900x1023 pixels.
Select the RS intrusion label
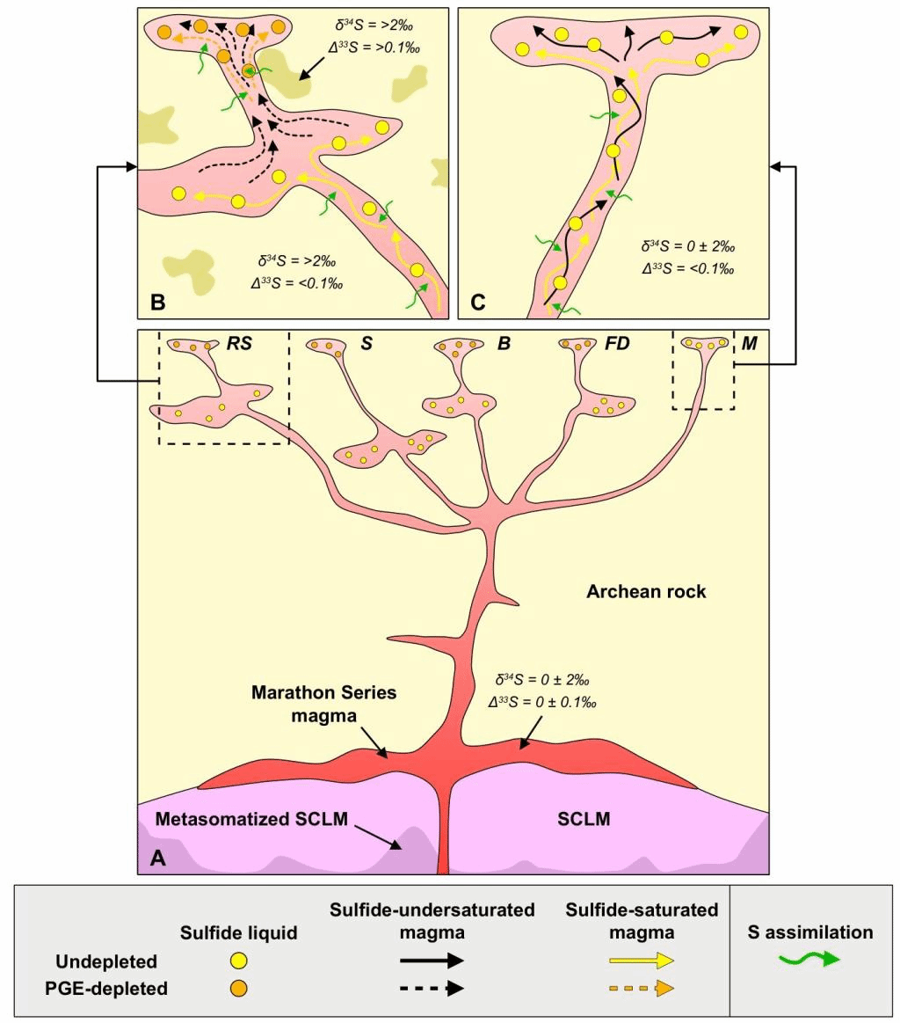[239, 344]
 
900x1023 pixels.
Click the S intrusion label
[367, 344]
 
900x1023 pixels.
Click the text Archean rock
[646, 592]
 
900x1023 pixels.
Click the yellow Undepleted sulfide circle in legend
[238, 961]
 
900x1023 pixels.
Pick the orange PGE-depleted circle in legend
[238, 988]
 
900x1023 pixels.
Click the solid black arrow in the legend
[432, 961]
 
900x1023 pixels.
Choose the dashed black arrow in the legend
[432, 988]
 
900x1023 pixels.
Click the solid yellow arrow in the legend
[641, 961]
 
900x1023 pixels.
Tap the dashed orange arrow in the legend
[641, 988]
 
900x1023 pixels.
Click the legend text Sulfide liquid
[238, 932]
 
